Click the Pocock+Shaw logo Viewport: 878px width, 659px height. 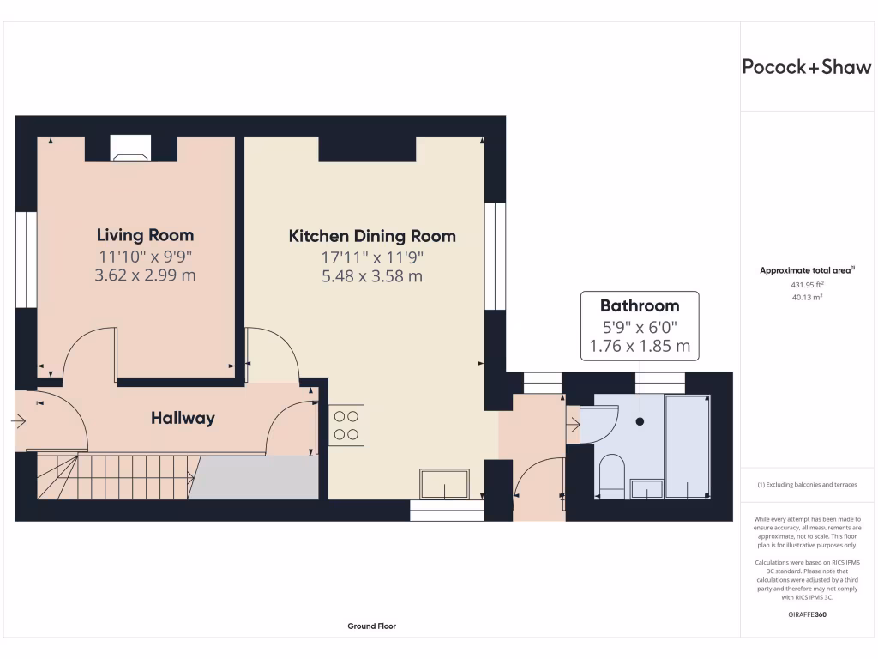(x=806, y=67)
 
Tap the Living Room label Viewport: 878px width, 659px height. (x=145, y=235)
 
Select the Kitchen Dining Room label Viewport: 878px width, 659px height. (x=372, y=236)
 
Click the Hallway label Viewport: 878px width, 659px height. (x=183, y=419)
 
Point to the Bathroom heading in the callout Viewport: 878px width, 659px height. (x=639, y=305)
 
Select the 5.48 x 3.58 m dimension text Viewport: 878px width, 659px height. (x=372, y=276)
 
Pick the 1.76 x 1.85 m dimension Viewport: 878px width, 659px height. (x=639, y=347)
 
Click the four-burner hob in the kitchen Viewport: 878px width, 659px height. (x=346, y=425)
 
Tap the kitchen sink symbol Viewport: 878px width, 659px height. (x=444, y=483)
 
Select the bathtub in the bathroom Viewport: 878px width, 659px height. (x=688, y=446)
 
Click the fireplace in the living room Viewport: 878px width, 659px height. (x=130, y=149)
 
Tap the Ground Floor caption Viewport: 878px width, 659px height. (x=371, y=626)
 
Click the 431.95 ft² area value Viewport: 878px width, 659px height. (x=806, y=284)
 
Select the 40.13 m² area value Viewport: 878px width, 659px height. (x=806, y=298)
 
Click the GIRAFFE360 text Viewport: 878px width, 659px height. (x=806, y=614)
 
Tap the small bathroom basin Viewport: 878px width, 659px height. (x=646, y=488)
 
